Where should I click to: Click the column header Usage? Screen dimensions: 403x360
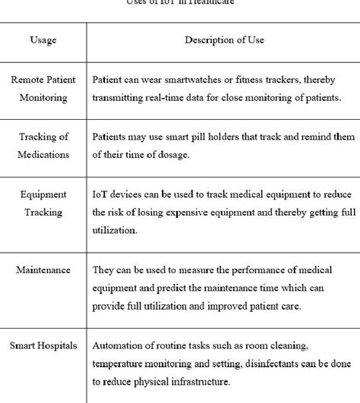coord(43,39)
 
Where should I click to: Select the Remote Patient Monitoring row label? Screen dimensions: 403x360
coord(44,88)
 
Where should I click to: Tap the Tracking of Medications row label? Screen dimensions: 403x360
coord(44,145)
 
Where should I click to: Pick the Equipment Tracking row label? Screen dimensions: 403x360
coord(44,203)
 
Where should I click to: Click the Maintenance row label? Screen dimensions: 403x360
coord(44,270)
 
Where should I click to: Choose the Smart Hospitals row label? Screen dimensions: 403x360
coord(44,346)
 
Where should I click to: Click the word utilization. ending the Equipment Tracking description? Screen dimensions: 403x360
coord(115,231)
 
